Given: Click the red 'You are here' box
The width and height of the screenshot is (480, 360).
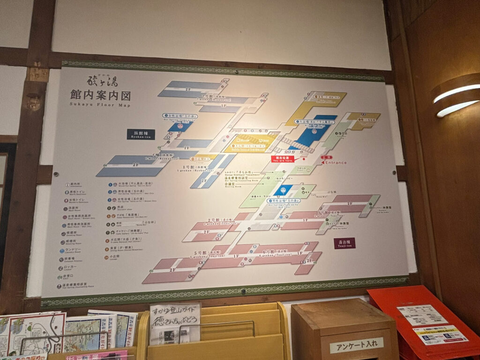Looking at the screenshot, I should click(283, 159).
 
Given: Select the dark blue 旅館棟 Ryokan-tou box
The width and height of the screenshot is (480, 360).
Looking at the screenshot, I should click(141, 134).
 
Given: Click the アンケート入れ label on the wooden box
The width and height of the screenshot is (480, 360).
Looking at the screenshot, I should click(356, 345).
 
